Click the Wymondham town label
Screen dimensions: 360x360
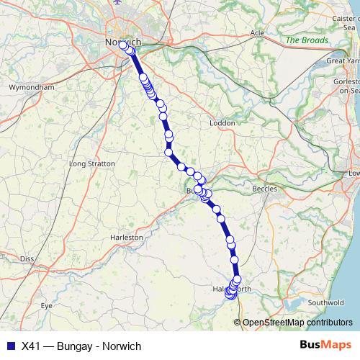[x=31, y=87]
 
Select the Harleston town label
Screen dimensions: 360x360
[x=127, y=236]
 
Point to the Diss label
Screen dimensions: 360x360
[x=27, y=258]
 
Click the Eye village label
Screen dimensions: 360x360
[x=47, y=306]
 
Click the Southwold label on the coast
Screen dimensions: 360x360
[x=331, y=302]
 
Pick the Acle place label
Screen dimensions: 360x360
[x=257, y=33]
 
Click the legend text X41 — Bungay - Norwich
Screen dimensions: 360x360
[x=81, y=346]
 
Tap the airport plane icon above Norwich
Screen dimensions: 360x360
[x=117, y=4]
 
